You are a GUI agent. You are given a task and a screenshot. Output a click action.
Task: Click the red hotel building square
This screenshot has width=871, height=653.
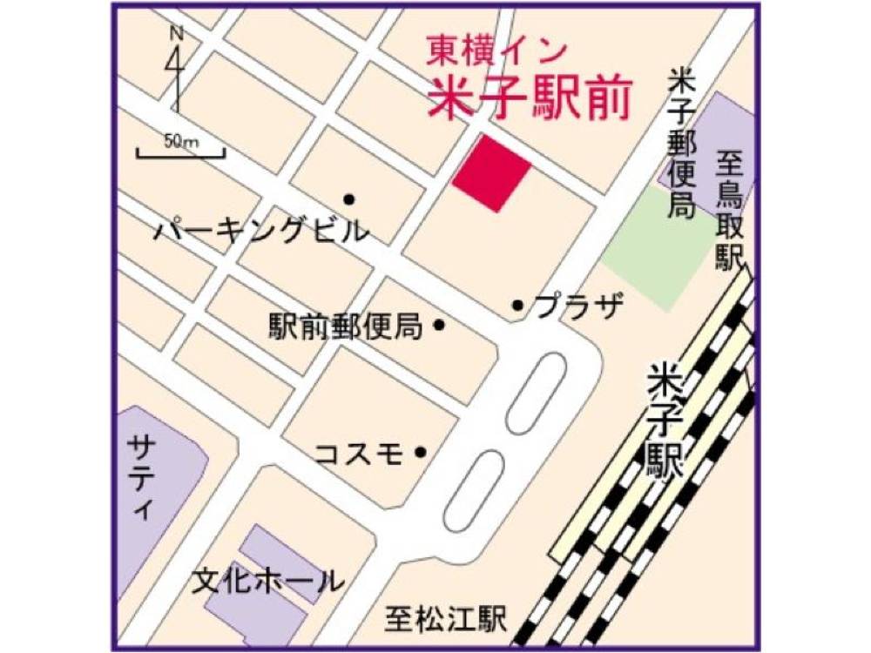491,173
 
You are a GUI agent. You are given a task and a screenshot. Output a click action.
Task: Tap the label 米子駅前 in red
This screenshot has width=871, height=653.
528,99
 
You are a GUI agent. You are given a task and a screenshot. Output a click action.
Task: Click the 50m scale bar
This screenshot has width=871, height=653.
180,152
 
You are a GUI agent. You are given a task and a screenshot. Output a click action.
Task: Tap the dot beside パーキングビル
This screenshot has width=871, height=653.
348,199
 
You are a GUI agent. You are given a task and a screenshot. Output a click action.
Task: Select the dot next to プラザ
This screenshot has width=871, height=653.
517,306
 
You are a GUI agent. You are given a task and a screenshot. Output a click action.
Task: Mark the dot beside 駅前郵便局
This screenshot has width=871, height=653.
439,326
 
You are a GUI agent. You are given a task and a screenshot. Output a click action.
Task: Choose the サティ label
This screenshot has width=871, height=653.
140,478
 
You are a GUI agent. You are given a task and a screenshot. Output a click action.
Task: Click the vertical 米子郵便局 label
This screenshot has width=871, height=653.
680,144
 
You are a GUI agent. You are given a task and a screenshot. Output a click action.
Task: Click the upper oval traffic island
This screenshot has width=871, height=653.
537,393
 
